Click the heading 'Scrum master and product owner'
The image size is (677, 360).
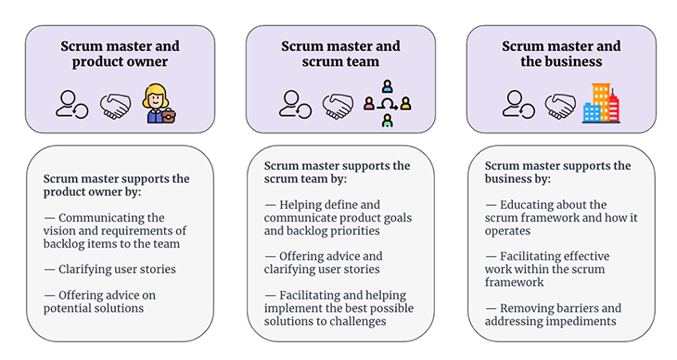(120, 54)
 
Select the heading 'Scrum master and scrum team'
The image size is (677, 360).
(340, 54)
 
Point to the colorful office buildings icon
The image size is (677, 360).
(600, 103)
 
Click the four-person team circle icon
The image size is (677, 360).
(387, 103)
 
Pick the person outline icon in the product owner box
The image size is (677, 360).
(71, 104)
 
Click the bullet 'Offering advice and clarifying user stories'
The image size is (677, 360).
(321, 263)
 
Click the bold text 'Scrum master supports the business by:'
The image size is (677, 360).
(557, 172)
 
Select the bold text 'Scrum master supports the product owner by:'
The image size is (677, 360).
(116, 185)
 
